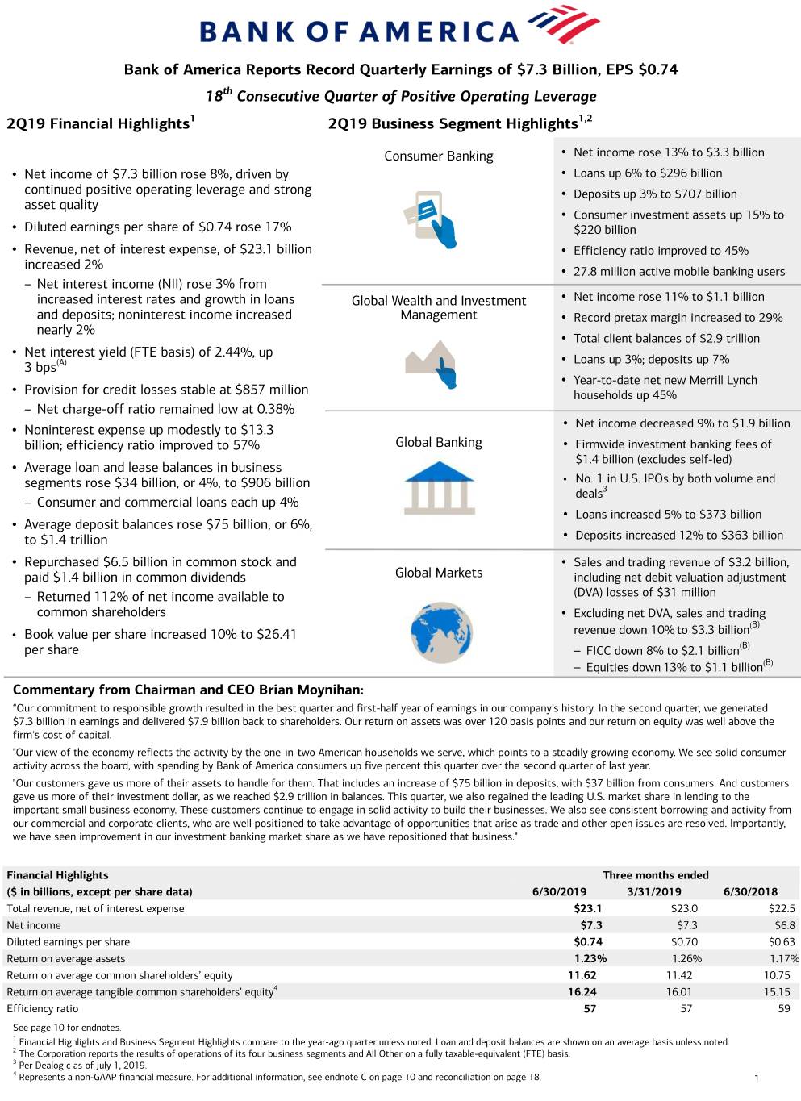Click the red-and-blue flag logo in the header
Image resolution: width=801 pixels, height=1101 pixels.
[564, 25]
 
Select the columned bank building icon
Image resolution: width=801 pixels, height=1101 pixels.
[439, 487]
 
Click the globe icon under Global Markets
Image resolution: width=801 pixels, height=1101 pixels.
[440, 632]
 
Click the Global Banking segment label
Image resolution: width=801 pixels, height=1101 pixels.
[439, 442]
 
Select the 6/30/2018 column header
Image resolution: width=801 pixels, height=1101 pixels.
[750, 891]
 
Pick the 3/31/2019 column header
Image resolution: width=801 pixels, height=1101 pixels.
[653, 891]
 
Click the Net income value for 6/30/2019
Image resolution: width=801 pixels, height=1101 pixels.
[590, 925]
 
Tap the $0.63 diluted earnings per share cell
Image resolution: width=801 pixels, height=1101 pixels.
[781, 941]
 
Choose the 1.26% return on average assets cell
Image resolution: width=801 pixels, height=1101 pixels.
[686, 958]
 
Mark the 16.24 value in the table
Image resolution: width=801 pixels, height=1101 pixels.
[582, 991]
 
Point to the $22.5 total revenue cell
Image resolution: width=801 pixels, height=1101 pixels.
[781, 908]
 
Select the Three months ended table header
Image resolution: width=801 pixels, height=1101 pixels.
[655, 875]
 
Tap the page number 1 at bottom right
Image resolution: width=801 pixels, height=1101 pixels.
[756, 1079]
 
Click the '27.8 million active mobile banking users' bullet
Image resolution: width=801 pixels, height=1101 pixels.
[678, 272]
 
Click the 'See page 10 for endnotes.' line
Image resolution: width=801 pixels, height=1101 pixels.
[67, 1028]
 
